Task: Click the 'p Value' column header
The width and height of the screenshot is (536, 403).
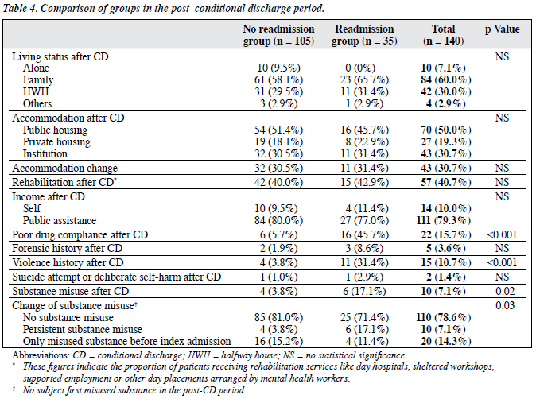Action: tap(502, 29)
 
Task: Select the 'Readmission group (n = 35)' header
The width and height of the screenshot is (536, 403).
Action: tap(364, 35)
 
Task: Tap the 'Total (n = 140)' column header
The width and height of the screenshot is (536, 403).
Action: tap(444, 35)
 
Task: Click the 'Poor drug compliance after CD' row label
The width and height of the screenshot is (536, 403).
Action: tap(80, 235)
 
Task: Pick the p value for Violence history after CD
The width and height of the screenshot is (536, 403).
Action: tap(502, 262)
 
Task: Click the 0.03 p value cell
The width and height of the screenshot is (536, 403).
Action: tap(505, 305)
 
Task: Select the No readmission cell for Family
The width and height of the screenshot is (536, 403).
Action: tap(278, 80)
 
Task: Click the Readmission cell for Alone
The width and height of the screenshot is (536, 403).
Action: tap(360, 68)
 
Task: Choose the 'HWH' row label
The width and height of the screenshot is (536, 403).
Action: tap(36, 92)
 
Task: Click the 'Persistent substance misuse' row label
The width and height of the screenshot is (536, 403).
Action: tap(83, 330)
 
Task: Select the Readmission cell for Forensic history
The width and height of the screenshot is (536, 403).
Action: tap(364, 249)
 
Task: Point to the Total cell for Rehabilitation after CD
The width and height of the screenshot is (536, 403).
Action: tap(446, 182)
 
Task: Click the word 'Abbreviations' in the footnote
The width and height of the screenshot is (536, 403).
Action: tap(41, 355)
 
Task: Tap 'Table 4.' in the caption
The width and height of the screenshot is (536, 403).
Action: tap(20, 8)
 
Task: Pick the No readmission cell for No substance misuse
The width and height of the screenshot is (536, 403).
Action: tap(278, 317)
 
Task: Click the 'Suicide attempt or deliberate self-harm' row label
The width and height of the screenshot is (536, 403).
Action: tap(117, 277)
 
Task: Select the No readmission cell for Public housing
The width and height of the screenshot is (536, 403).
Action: tap(278, 130)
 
